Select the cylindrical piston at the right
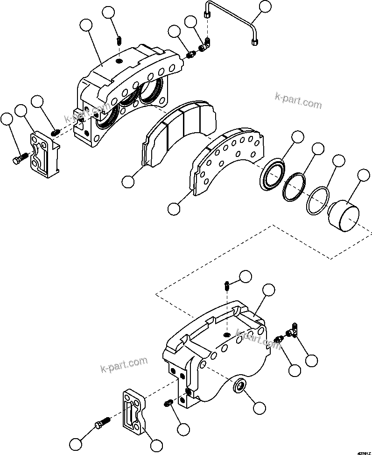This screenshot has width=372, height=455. point(343,216)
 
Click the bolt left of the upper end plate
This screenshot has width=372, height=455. point(18,159)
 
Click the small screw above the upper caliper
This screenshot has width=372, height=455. point(119,41)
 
